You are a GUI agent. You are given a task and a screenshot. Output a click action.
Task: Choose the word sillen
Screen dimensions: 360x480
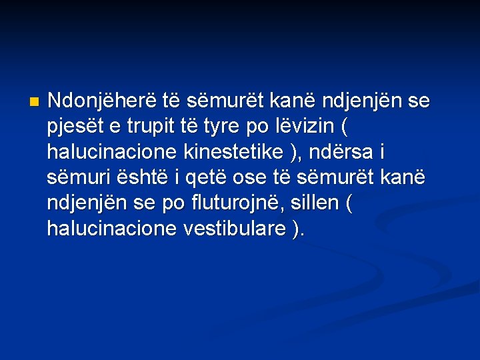click(314, 203)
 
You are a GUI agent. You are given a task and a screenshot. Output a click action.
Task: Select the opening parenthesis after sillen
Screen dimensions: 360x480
click(349, 204)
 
